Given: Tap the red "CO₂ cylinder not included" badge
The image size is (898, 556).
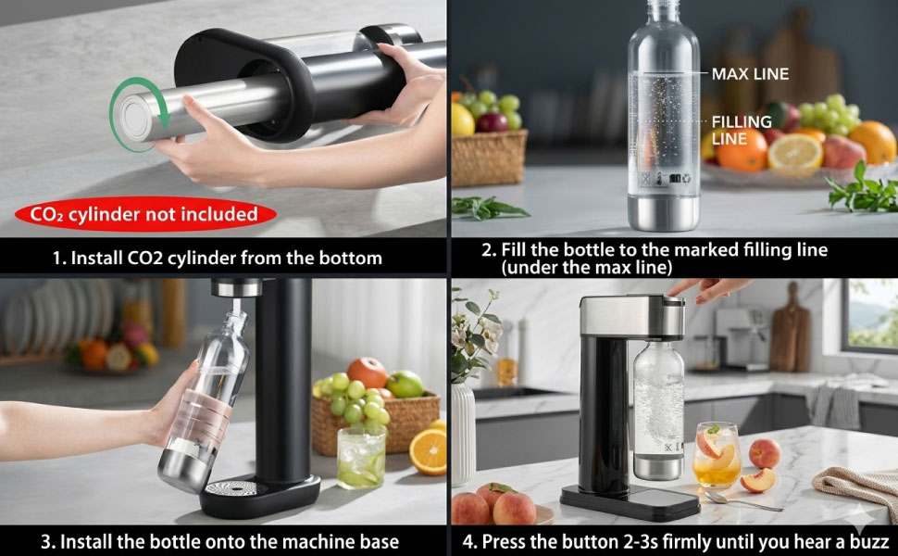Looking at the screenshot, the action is [145, 214].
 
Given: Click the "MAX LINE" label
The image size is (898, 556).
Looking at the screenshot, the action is [750, 74].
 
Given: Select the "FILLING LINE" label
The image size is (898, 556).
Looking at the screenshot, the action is [742, 130].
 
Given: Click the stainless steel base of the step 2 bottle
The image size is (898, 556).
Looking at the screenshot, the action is [664, 212].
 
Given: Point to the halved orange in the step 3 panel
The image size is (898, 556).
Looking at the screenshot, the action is [428, 451].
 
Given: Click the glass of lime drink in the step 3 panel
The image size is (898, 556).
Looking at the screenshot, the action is [361, 458].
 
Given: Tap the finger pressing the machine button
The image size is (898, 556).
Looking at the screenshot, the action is [710, 288].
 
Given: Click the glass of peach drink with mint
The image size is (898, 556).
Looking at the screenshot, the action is [717, 456].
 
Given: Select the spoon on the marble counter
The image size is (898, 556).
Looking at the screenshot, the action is [742, 501].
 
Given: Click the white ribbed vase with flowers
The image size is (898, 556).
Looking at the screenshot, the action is [463, 435].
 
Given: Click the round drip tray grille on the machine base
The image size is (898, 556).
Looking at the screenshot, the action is [232, 488].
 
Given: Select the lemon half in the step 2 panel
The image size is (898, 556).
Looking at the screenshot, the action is [795, 155].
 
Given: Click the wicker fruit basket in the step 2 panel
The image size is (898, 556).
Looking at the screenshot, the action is [489, 158].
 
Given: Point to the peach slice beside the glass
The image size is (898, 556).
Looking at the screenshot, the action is [757, 480].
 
